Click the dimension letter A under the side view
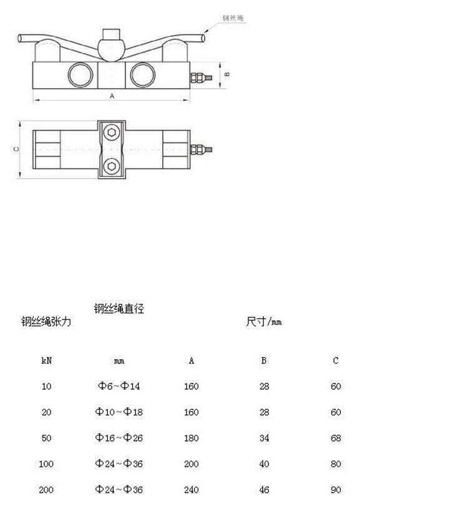[x=112, y=96]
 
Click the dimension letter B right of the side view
[x=227, y=74]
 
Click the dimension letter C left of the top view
[x=17, y=149]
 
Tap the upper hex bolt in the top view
[x=112, y=132]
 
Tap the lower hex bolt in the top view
[x=112, y=166]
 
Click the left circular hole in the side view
[x=80, y=75]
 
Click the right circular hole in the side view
[x=141, y=75]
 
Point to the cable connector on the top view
[x=202, y=149]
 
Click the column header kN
[x=47, y=361]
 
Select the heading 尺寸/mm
[x=264, y=322]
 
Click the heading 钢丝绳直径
[x=119, y=309]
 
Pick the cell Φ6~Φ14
[x=119, y=387]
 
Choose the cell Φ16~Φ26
[x=119, y=438]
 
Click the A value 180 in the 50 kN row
[x=192, y=438]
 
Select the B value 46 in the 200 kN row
[x=264, y=490]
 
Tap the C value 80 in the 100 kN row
[x=336, y=464]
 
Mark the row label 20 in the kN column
[x=47, y=412]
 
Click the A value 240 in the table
[x=192, y=490]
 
